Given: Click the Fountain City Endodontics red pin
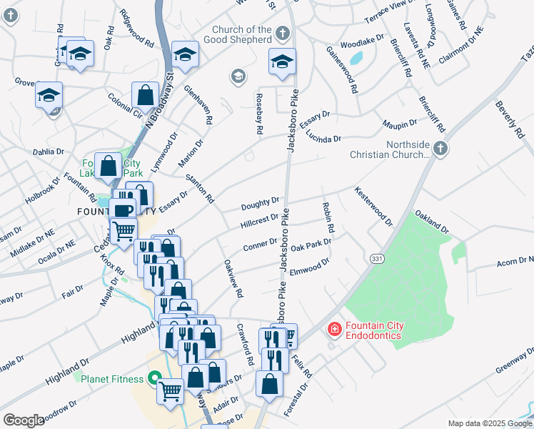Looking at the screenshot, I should tap(333, 330).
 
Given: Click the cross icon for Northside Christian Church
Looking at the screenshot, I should tap(440, 148).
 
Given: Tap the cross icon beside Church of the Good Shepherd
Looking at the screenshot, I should tap(283, 33).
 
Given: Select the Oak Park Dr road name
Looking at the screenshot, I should tap(311, 244).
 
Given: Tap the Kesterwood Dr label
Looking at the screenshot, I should tap(373, 207).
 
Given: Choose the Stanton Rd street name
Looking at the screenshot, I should tap(199, 188).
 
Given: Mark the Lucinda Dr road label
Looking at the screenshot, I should tap(323, 136).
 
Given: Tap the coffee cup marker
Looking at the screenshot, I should tap(123, 209).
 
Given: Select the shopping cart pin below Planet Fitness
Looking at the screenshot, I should tap(170, 390).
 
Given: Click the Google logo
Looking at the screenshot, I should tap(24, 420).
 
